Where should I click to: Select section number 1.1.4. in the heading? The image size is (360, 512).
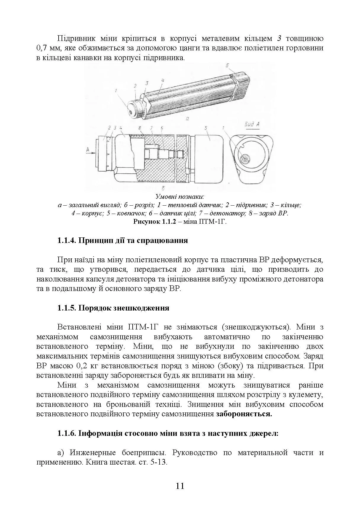click(67, 240)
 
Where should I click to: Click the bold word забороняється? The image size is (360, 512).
click(244, 414)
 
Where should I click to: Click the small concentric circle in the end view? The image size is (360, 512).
click(245, 159)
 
